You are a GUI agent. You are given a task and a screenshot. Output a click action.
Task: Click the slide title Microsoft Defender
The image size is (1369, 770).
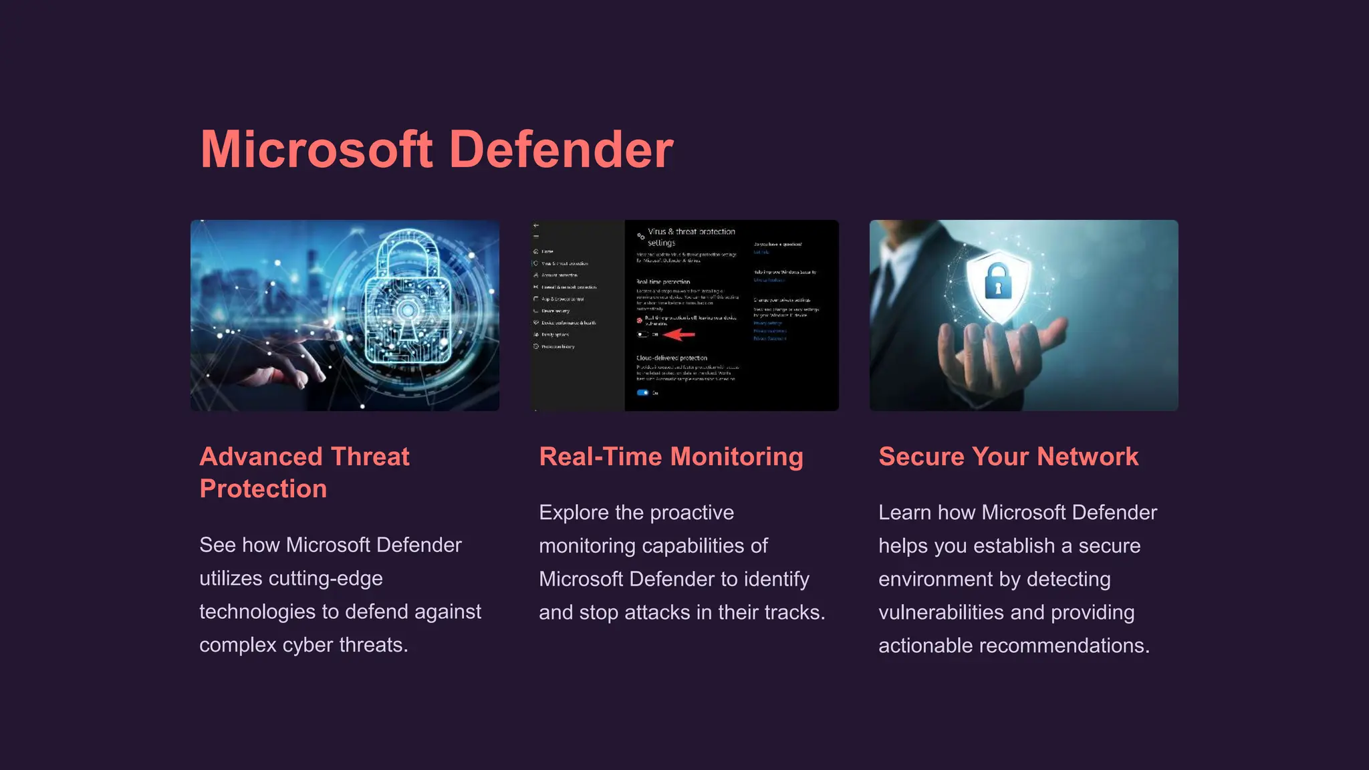coord(437,149)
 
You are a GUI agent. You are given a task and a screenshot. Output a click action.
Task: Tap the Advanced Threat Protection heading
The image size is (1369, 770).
coord(304,473)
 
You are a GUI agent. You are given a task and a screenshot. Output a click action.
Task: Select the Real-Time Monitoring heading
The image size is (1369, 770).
coord(671,457)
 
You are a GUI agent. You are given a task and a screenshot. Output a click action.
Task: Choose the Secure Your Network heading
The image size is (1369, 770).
coord(1008,457)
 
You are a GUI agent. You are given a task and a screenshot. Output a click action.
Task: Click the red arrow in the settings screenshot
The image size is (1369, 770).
coord(679,334)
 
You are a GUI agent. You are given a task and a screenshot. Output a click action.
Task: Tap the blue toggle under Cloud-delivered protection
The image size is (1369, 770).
coord(642,393)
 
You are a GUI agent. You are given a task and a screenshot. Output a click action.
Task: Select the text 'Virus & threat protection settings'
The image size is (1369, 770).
coord(691,237)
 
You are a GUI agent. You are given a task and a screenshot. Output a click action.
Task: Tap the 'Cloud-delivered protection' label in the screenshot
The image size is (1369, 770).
coord(671,358)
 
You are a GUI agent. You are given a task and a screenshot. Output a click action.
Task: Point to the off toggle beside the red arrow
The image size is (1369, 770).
coord(642,334)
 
